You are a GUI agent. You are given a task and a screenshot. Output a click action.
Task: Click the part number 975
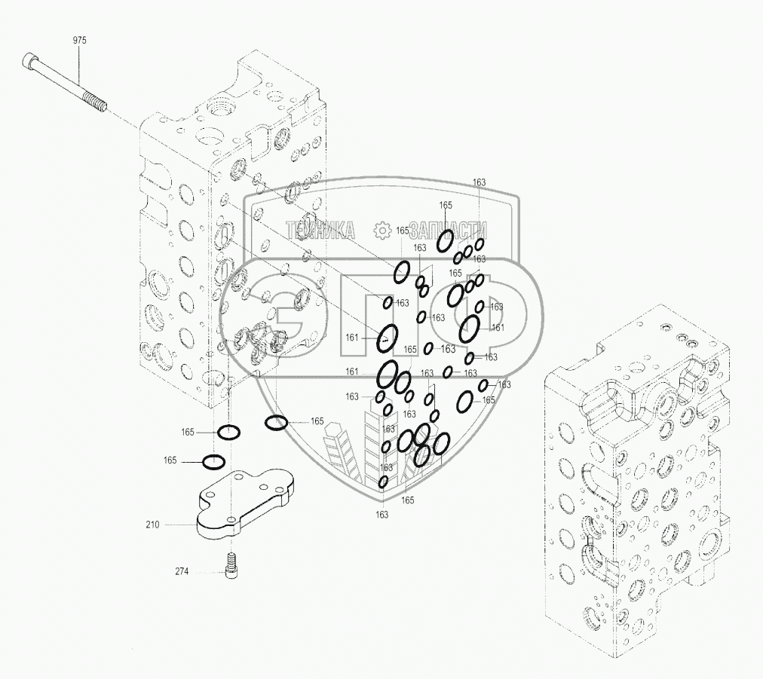pyautogui.click(x=80, y=41)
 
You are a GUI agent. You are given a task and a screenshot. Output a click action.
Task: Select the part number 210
pyautogui.click(x=152, y=524)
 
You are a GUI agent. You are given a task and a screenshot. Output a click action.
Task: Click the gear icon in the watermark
pyautogui.click(x=382, y=229)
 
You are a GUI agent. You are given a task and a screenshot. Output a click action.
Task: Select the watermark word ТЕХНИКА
pyautogui.click(x=320, y=230)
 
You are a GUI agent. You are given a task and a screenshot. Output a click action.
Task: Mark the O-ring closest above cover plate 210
pyautogui.click(x=213, y=461)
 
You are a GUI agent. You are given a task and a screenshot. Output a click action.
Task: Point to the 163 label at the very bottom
pyautogui.click(x=381, y=514)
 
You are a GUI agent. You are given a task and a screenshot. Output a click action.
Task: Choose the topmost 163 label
pyautogui.click(x=479, y=182)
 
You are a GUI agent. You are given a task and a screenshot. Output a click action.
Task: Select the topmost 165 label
pyautogui.click(x=446, y=205)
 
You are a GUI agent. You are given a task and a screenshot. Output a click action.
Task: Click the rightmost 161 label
pyautogui.click(x=498, y=327)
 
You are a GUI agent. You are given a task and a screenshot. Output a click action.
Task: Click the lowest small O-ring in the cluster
pyautogui.click(x=383, y=481)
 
